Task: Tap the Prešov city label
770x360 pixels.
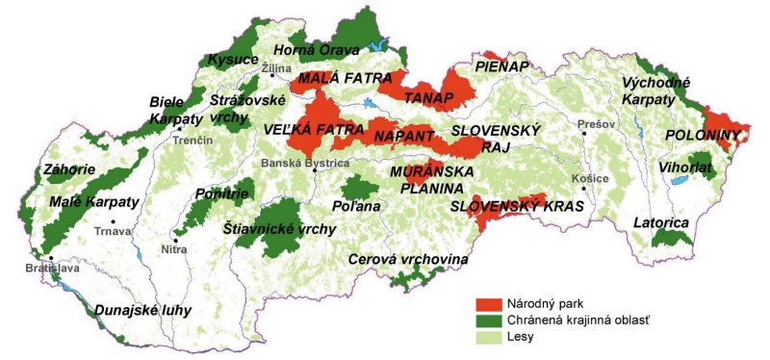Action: coord(594,124)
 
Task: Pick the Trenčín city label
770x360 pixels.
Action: coord(192,141)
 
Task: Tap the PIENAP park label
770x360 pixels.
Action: coord(502,65)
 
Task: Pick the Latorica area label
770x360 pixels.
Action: coord(661,223)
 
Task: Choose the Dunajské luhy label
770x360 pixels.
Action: coord(142,310)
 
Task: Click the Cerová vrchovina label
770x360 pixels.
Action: coord(408,259)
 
